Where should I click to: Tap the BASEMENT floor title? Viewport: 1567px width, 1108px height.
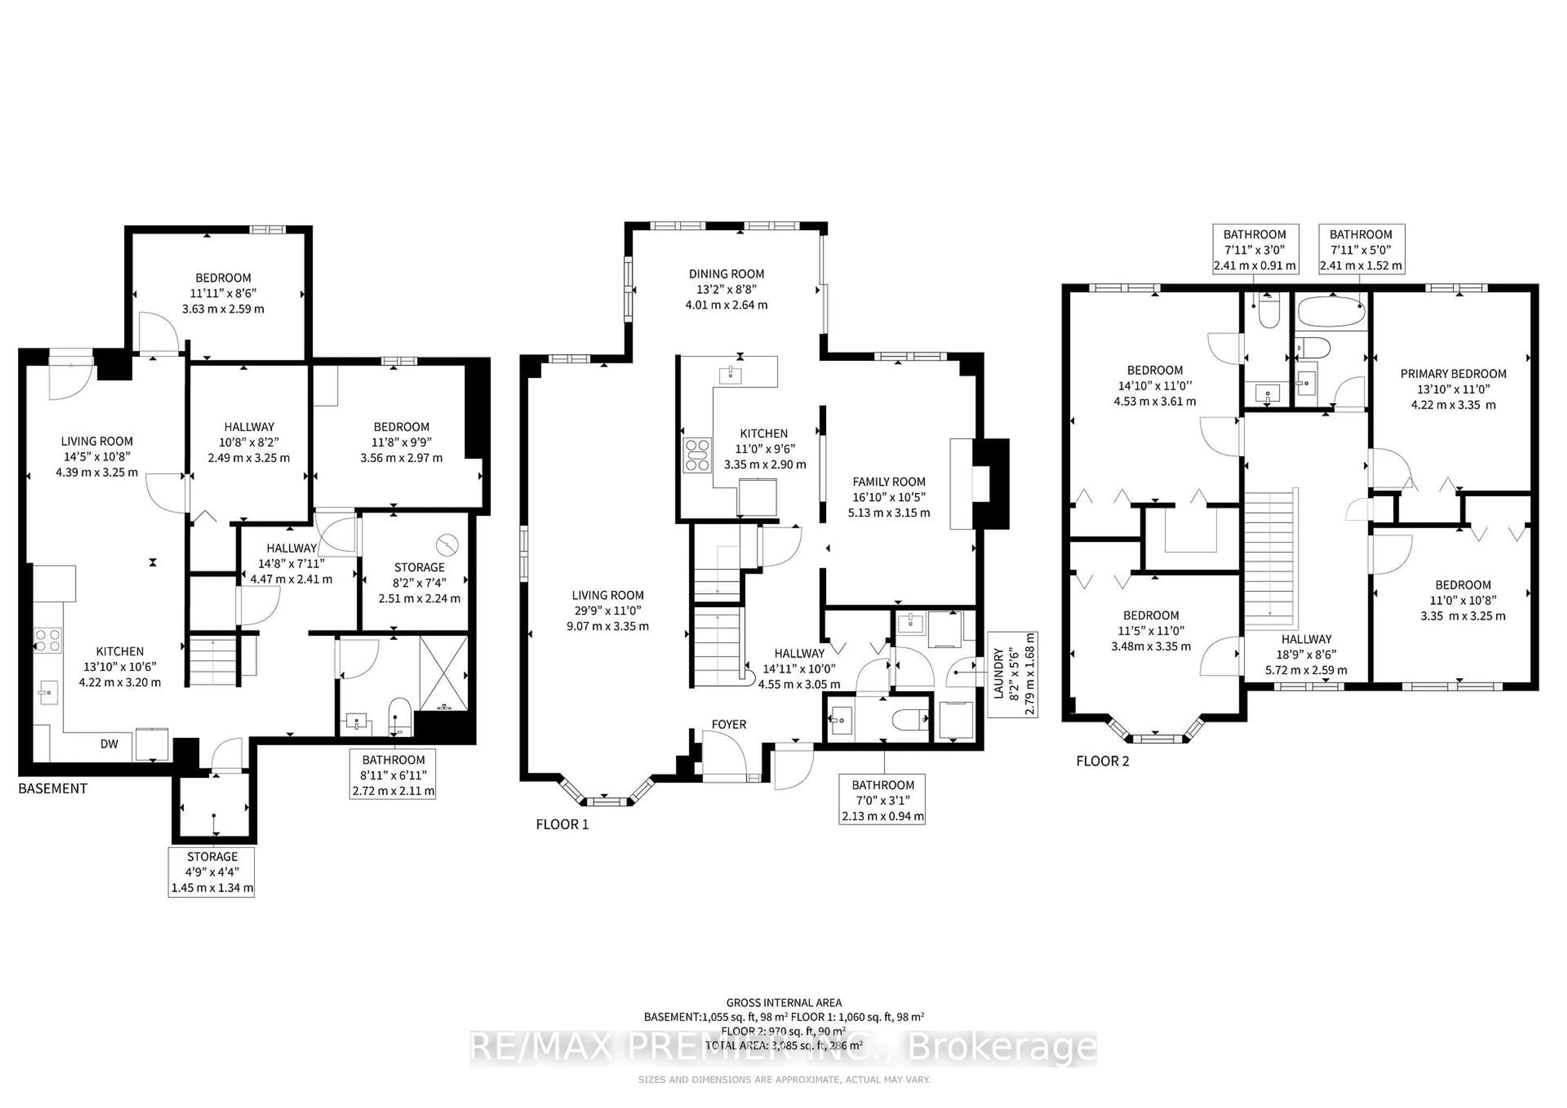[53, 789]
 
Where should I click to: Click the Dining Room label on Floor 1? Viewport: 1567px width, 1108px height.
[726, 274]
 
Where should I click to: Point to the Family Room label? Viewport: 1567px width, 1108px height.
[889, 482]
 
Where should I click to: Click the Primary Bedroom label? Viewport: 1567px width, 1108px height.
[1453, 374]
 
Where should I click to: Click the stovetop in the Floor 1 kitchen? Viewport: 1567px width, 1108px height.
[697, 455]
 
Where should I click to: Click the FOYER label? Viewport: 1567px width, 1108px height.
[728, 725]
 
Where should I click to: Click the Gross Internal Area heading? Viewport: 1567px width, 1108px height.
[783, 1003]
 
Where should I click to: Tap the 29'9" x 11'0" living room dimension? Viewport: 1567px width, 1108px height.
[608, 611]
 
